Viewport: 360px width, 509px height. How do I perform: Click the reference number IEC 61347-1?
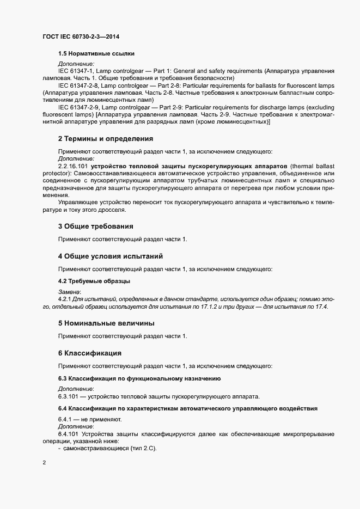(x=78, y=71)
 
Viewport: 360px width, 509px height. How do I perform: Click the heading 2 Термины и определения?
(x=106, y=139)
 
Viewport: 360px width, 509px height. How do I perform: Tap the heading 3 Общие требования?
(x=95, y=225)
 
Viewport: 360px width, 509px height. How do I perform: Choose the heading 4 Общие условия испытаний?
(x=110, y=256)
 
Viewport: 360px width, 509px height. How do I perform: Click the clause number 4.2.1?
(x=64, y=299)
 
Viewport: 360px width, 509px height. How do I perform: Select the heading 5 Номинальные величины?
(x=106, y=323)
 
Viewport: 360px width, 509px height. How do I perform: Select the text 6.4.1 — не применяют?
(x=90, y=420)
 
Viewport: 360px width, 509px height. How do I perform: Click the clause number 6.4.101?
(x=68, y=434)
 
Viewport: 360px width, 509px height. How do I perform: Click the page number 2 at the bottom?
(x=44, y=464)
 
